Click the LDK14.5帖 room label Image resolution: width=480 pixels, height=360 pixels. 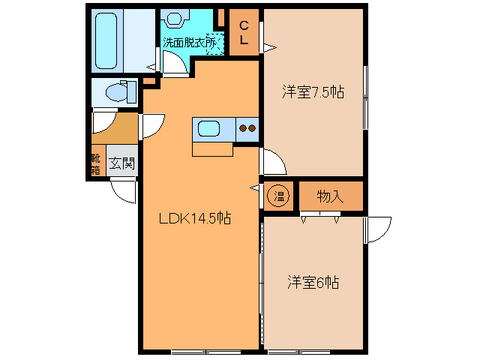194,219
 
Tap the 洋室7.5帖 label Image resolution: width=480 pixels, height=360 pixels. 313,93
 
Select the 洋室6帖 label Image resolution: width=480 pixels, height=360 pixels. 313,283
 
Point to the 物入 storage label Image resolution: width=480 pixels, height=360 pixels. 330,196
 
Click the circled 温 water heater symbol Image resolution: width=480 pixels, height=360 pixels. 279,196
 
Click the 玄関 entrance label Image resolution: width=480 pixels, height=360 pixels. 121,162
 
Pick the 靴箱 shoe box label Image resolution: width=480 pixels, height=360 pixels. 95,163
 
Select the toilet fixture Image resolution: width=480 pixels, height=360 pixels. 119,92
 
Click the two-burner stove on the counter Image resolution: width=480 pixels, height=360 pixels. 247,128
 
